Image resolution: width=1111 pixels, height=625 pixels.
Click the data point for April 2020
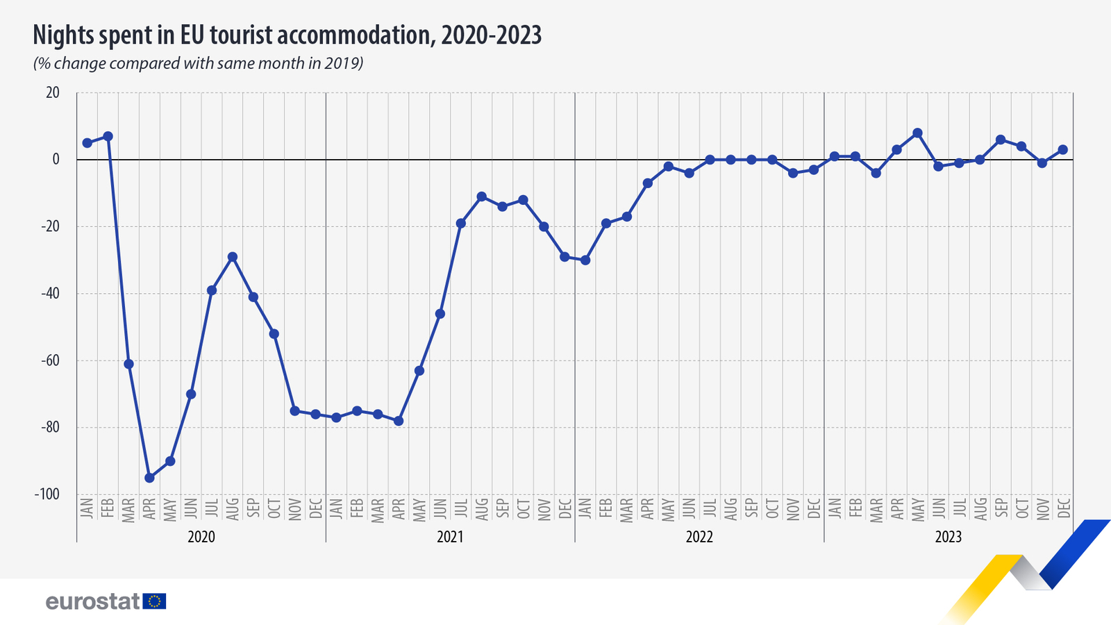149,478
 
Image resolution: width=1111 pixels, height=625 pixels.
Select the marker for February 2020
108,136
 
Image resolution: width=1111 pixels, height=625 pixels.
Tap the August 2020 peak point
233,257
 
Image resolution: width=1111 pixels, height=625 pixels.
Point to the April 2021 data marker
399,421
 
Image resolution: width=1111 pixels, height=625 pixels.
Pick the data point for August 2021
481,197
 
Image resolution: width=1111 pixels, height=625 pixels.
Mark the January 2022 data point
585,260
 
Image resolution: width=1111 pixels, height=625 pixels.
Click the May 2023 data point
917,133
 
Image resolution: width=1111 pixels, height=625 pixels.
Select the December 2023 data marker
1062,149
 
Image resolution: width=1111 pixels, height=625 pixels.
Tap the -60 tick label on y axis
49,360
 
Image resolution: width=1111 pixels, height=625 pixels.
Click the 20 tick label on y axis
53,92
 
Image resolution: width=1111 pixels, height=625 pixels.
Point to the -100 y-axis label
47,494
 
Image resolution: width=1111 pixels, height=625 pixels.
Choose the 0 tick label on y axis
56,160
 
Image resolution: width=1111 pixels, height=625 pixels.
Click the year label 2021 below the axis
450,537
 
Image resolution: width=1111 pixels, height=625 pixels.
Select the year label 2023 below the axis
948,537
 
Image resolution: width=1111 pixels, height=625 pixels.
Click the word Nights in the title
65,35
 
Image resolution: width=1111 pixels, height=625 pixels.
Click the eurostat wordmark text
93,601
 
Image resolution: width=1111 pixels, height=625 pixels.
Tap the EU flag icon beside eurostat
154,601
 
